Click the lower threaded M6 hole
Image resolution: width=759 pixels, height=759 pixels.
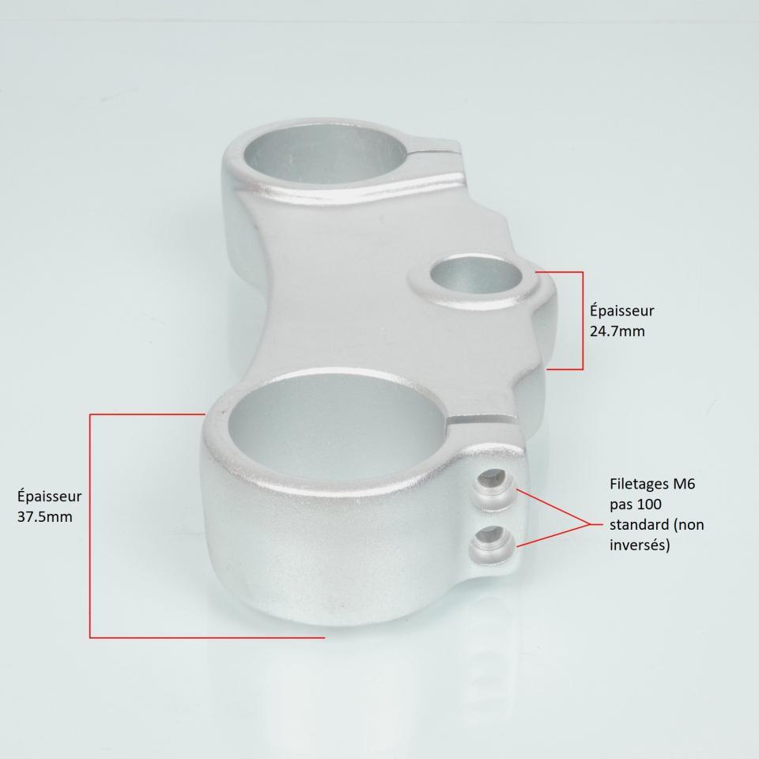[x=493, y=543]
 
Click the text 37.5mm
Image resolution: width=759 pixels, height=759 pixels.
[x=44, y=517]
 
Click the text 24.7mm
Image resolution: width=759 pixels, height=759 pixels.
[x=617, y=331]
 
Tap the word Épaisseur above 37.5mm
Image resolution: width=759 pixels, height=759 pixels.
[x=49, y=497]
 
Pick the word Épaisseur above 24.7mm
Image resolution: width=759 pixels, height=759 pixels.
[x=622, y=311]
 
